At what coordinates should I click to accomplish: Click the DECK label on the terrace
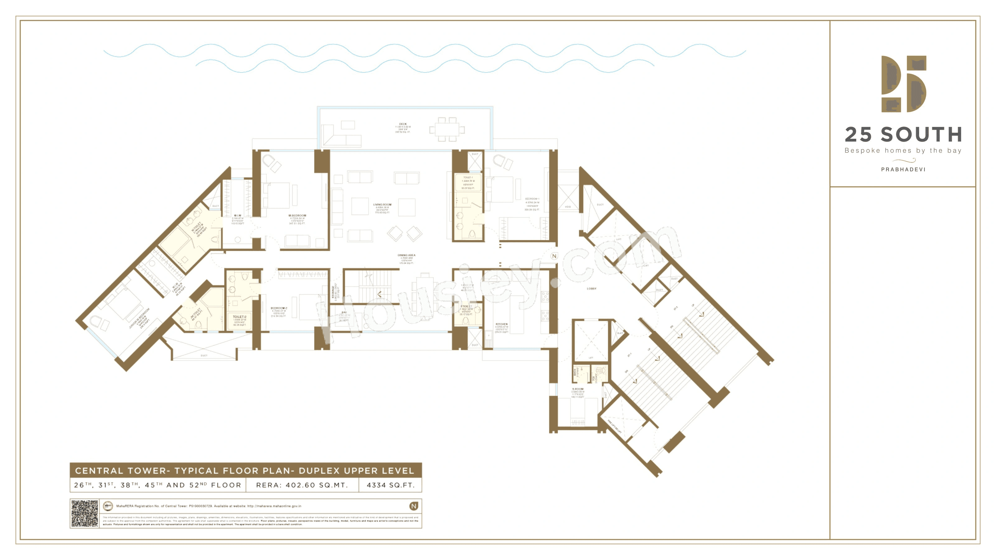(402, 124)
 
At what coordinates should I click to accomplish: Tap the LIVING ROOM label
(382, 205)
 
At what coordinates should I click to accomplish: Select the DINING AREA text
(406, 255)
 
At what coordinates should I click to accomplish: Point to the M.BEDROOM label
(297, 216)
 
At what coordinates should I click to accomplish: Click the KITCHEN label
(501, 324)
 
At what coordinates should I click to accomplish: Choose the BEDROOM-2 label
(278, 308)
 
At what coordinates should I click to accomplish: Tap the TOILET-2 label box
(239, 320)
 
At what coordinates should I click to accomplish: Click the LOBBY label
(591, 289)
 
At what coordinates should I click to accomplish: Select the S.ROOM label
(578, 389)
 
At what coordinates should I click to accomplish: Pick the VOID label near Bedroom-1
(567, 207)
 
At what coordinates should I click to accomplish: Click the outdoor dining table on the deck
(447, 129)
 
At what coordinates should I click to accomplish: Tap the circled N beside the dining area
(554, 256)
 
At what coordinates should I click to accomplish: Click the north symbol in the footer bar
(413, 506)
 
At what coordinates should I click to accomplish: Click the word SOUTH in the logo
(921, 135)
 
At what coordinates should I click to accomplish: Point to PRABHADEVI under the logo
(903, 169)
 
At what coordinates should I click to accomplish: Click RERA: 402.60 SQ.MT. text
(302, 485)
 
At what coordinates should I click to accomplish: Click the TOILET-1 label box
(468, 182)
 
